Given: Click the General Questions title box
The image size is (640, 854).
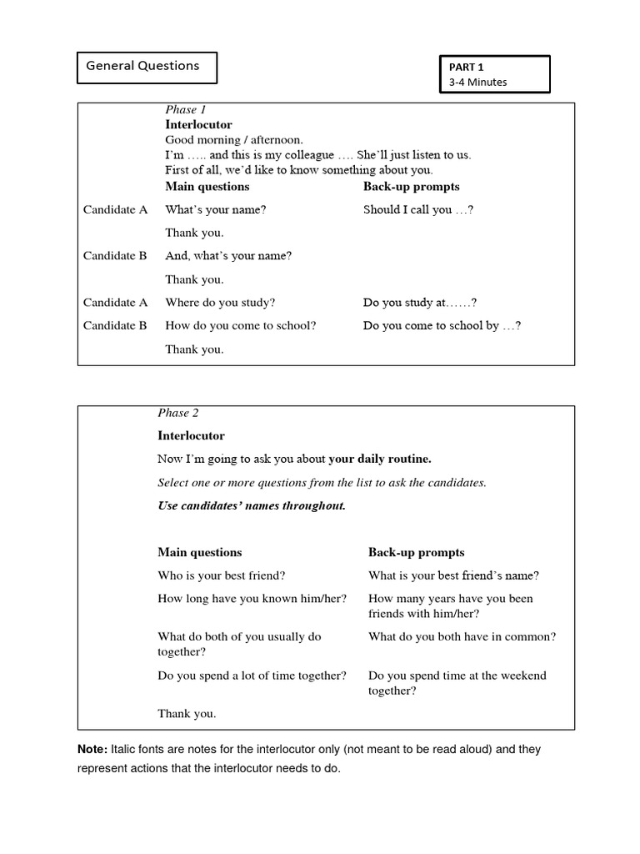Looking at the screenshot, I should point(147,67).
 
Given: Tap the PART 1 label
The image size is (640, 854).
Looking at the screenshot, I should point(467,67).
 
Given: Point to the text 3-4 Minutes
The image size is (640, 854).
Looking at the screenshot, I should point(477,82).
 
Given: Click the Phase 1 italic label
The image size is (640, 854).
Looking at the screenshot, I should point(185,110).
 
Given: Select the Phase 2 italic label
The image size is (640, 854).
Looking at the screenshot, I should point(178,413).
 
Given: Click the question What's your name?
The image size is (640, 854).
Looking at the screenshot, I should point(216,209).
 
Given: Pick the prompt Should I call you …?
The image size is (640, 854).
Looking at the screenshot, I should point(418,209).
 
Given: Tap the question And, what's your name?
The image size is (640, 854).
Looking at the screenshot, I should point(228,256).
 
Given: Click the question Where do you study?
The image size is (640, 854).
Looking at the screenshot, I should point(220,303).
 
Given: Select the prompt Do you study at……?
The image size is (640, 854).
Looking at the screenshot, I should point(420,303).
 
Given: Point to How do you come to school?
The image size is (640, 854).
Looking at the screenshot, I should point(241,325).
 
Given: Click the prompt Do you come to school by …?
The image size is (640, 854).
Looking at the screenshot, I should point(442,325).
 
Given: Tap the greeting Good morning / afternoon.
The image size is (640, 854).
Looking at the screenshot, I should point(234,140).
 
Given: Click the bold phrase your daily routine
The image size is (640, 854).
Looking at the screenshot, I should point(380,459).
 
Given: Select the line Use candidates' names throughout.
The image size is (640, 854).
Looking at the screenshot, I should point(252,505).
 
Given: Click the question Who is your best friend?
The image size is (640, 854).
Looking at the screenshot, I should point(222,575).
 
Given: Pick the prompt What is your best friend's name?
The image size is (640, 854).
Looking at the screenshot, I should point(453,575).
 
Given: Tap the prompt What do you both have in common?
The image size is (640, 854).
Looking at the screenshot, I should point(462,636).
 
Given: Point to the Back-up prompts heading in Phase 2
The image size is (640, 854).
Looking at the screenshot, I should point(416,552).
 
